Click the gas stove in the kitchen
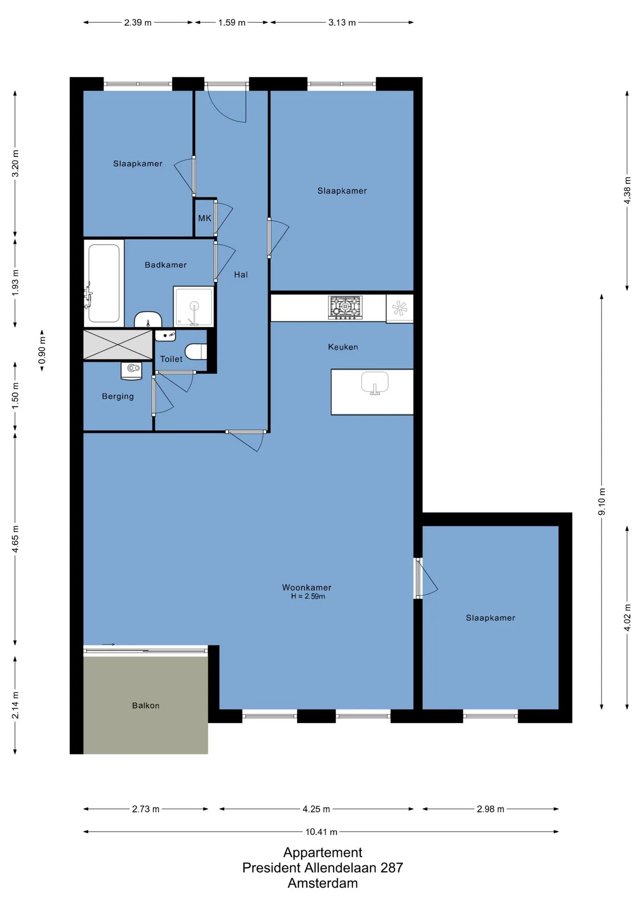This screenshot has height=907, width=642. click(x=345, y=308)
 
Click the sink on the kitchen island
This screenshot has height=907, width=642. click(x=375, y=383)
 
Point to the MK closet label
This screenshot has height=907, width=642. click(x=205, y=218)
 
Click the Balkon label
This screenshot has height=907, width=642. click(x=146, y=705)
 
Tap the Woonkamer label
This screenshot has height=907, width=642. click(x=307, y=587)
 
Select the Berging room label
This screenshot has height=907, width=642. click(x=118, y=396)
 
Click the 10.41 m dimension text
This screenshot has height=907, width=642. click(x=321, y=831)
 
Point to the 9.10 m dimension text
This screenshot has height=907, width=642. click(x=602, y=502)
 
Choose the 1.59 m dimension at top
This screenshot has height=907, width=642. click(x=232, y=22)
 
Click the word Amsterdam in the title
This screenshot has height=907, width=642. click(x=323, y=883)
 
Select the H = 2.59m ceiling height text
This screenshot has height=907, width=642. click(x=308, y=596)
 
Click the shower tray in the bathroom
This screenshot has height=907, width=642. click(x=194, y=306)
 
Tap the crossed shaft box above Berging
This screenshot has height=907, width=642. click(x=118, y=344)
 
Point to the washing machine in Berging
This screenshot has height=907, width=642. click(x=131, y=370)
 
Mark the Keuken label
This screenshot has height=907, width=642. click(x=343, y=347)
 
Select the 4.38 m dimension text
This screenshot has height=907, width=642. click(x=627, y=190)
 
